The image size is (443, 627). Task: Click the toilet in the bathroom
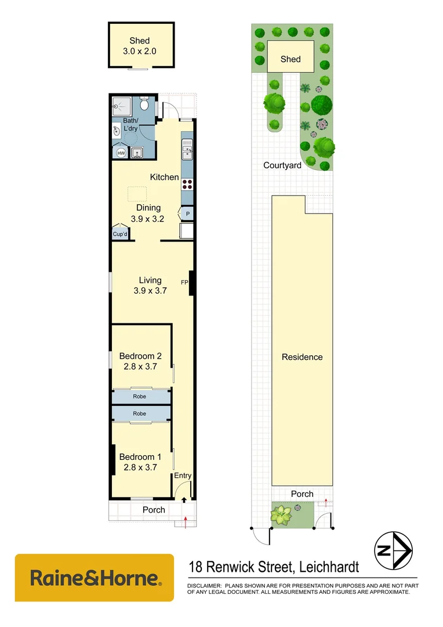coord(145,105)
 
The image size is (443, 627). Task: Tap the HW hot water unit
coord(121,153)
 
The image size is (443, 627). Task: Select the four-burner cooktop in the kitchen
coord(187,184)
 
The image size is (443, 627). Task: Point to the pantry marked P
coord(188,214)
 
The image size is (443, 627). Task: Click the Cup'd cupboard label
coord(120,234)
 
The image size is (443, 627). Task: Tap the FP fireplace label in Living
coord(184,283)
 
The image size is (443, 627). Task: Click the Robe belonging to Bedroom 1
coord(140,413)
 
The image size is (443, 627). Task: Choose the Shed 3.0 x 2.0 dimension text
coord(140,51)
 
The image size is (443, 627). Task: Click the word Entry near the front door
coord(183,476)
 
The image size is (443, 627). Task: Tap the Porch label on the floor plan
coord(154,510)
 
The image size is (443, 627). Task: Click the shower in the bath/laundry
coord(122,105)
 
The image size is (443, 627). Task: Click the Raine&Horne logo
coord(94,578)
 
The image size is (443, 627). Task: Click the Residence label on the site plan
coord(302,357)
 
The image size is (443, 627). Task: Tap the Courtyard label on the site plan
coord(282,165)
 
